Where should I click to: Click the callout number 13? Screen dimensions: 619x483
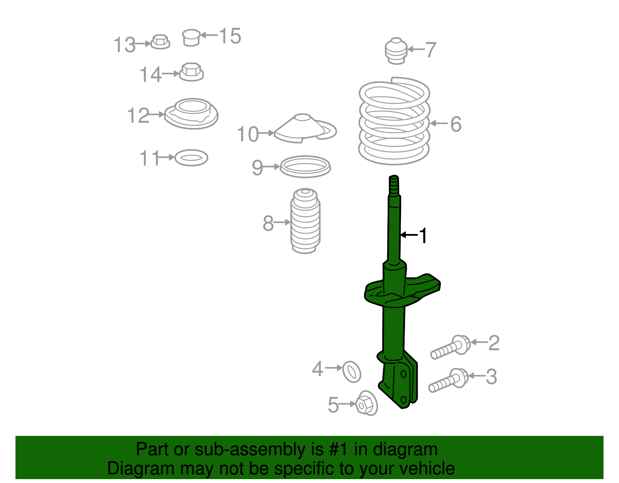pyautogui.click(x=125, y=45)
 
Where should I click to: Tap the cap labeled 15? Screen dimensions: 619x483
pyautogui.click(x=191, y=38)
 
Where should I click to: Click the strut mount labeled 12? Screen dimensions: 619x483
pyautogui.click(x=192, y=114)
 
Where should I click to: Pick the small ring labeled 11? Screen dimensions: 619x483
pyautogui.click(x=191, y=158)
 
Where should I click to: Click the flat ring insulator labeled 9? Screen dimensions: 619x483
pyautogui.click(x=305, y=167)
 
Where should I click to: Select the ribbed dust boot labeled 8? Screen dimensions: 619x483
pyautogui.click(x=305, y=221)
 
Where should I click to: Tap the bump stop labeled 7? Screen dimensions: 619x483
pyautogui.click(x=396, y=51)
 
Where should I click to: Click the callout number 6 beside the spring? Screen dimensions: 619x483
pyautogui.click(x=456, y=124)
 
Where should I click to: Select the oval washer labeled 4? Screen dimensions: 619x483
pyautogui.click(x=352, y=372)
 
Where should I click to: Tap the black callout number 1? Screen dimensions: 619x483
pyautogui.click(x=424, y=236)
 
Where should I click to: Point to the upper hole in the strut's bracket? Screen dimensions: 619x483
pyautogui.click(x=404, y=374)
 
